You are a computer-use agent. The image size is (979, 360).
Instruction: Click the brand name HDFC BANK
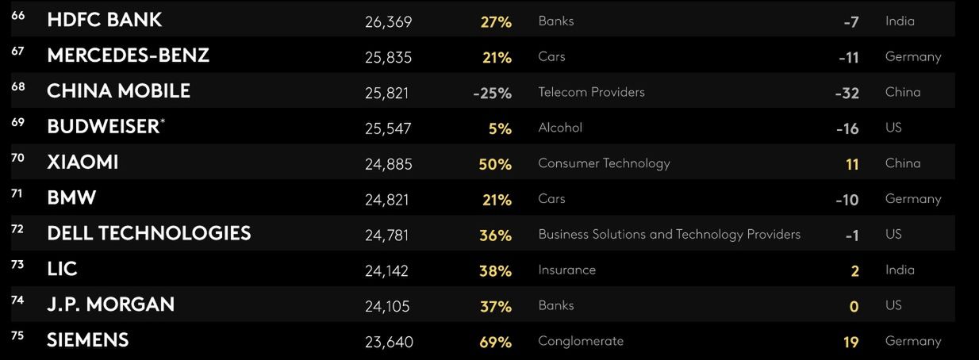pyautogui.click(x=104, y=21)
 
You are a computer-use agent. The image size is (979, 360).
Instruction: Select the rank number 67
pyautogui.click(x=18, y=52)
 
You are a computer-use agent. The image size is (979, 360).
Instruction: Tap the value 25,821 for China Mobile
pyautogui.click(x=386, y=94)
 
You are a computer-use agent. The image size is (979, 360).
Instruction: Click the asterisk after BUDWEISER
pyautogui.click(x=163, y=121)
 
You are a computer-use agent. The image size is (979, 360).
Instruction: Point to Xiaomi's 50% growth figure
pyautogui.click(x=495, y=164)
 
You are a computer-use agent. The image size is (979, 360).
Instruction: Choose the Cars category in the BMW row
pyautogui.click(x=551, y=199)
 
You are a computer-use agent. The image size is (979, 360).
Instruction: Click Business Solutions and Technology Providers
pyautogui.click(x=669, y=235)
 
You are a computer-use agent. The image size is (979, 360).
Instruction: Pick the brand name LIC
pyautogui.click(x=62, y=270)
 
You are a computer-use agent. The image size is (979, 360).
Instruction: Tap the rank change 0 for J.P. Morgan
pyautogui.click(x=854, y=307)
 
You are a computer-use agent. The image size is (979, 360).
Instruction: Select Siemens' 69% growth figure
pyautogui.click(x=495, y=343)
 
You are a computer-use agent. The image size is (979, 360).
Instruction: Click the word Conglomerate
pyautogui.click(x=581, y=341)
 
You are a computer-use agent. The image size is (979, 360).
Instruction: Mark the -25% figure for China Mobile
pyautogui.click(x=492, y=94)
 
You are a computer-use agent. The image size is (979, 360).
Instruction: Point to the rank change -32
pyautogui.click(x=847, y=94)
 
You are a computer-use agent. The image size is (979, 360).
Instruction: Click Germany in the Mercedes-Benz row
pyautogui.click(x=913, y=57)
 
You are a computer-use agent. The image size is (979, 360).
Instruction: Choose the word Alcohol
pyautogui.click(x=560, y=128)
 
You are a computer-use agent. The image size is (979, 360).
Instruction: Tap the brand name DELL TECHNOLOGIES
pyautogui.click(x=149, y=234)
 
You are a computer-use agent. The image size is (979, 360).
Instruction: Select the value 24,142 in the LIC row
pyautogui.click(x=386, y=271)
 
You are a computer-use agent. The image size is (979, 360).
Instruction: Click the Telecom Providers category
pyautogui.click(x=591, y=92)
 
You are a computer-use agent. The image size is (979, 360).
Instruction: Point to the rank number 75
pyautogui.click(x=18, y=336)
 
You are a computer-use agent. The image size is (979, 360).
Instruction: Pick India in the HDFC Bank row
pyautogui.click(x=900, y=21)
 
